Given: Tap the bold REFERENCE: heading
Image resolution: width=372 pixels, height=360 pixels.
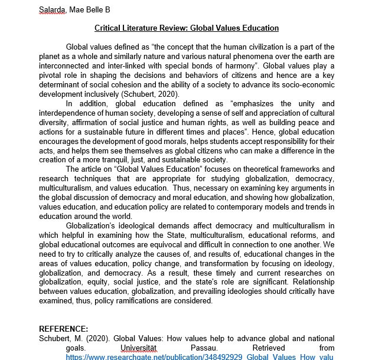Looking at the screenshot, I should coord(63,329).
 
